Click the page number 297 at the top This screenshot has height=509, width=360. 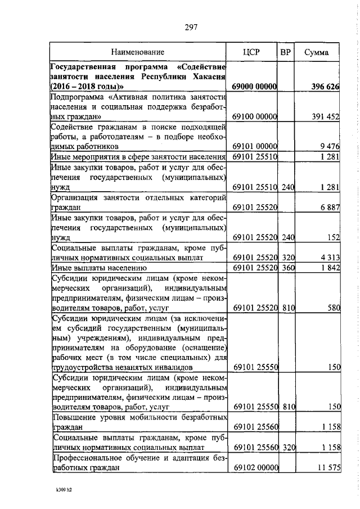[189, 26]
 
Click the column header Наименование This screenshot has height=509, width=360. [137, 52]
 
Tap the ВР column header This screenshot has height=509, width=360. [286, 52]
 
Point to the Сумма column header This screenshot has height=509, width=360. [317, 52]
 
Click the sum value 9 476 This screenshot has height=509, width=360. [329, 146]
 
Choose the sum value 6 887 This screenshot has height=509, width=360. [329, 208]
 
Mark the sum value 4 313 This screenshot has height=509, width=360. [329, 257]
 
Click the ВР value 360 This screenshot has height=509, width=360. [288, 267]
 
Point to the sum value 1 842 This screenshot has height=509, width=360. [329, 267]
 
